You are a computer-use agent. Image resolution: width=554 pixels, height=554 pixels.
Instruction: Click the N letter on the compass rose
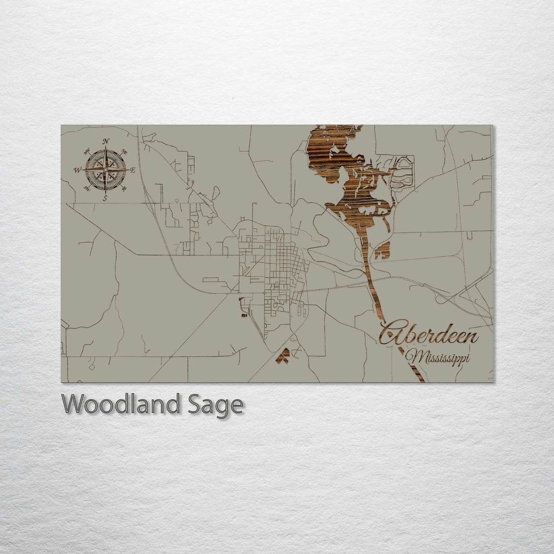(x=106, y=141)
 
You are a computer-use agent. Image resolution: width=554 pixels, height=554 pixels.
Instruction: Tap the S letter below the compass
(x=105, y=199)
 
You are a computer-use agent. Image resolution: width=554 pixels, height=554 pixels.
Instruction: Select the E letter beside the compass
(x=133, y=170)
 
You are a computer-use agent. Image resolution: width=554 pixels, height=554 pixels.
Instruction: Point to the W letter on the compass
(x=77, y=170)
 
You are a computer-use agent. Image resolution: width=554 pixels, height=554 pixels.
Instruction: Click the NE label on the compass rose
(x=124, y=152)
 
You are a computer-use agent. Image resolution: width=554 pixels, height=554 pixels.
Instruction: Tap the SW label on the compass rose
(x=86, y=188)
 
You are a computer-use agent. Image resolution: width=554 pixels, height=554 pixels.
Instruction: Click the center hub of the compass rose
(x=105, y=170)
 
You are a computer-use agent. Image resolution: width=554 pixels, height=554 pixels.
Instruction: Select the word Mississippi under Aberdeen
(x=437, y=357)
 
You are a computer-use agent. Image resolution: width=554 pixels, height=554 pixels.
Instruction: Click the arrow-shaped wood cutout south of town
(x=283, y=355)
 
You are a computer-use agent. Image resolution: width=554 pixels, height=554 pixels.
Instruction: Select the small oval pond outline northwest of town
(x=216, y=193)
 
